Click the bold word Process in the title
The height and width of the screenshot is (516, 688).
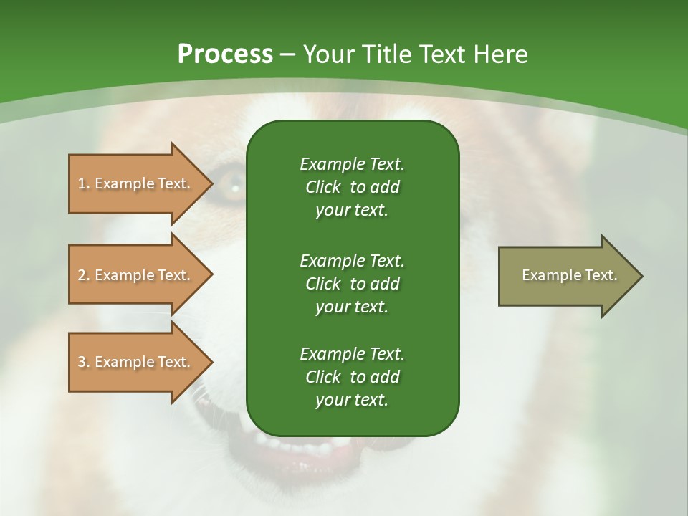(224, 54)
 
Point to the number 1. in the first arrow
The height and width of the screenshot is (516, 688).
(84, 183)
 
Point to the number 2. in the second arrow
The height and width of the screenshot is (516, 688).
(84, 275)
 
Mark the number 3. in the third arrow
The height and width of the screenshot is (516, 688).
(84, 362)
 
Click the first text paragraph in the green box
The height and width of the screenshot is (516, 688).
(352, 187)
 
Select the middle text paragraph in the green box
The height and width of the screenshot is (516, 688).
(352, 283)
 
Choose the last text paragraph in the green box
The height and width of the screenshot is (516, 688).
(352, 377)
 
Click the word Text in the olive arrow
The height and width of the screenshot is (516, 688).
(601, 275)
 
